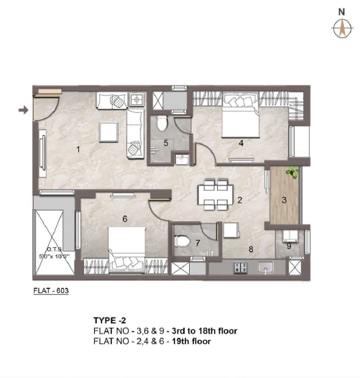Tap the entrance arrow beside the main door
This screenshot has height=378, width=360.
tap(24, 110)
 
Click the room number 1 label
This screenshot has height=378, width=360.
tap(78, 149)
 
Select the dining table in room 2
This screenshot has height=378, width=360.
tap(216, 194)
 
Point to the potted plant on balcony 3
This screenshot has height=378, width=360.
tap(292, 172)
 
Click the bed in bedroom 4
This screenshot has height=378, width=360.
tap(241, 115)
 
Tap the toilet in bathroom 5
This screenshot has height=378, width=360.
tap(162, 124)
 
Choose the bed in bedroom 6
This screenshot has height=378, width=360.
tap(127, 250)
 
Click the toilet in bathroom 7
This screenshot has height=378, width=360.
tap(182, 241)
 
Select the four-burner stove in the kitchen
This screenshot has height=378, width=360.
tap(241, 267)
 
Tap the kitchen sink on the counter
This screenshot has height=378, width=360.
tap(265, 267)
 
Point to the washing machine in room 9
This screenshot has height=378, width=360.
tap(290, 236)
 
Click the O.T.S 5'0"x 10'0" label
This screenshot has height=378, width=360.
tap(54, 253)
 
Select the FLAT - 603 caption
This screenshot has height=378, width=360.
tap(51, 290)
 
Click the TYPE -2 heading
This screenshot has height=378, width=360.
tap(110, 321)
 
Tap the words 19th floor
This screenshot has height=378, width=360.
tap(191, 341)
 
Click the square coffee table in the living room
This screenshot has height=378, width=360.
tap(109, 132)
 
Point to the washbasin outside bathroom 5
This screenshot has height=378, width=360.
tap(183, 160)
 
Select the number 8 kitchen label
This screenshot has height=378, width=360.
tap(251, 249)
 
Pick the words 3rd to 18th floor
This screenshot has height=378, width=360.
tap(205, 331)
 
